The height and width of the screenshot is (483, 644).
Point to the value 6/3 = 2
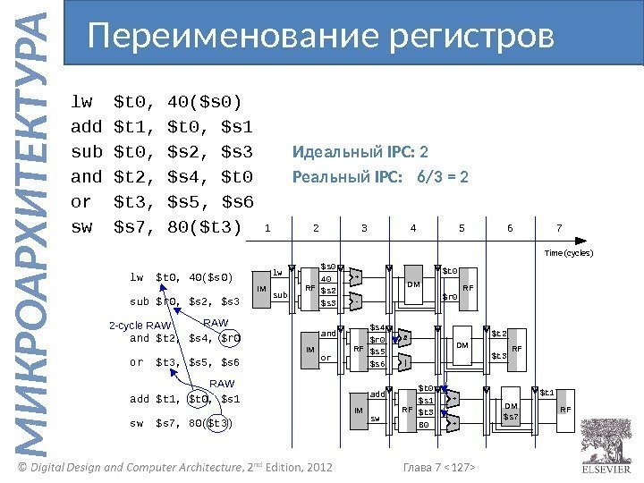[x=443, y=175]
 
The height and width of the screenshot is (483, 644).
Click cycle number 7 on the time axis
[x=558, y=228]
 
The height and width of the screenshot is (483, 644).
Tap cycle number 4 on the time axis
[x=412, y=228]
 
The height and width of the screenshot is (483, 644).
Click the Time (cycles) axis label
[x=569, y=253]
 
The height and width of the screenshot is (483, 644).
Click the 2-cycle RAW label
[x=140, y=326]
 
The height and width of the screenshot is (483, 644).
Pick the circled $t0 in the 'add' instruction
[x=199, y=398]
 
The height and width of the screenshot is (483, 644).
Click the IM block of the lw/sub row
[x=261, y=289]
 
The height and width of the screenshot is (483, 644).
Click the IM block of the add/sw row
[x=359, y=411]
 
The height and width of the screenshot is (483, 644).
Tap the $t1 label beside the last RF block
[x=547, y=391]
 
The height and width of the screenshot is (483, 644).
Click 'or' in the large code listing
[x=80, y=202]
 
